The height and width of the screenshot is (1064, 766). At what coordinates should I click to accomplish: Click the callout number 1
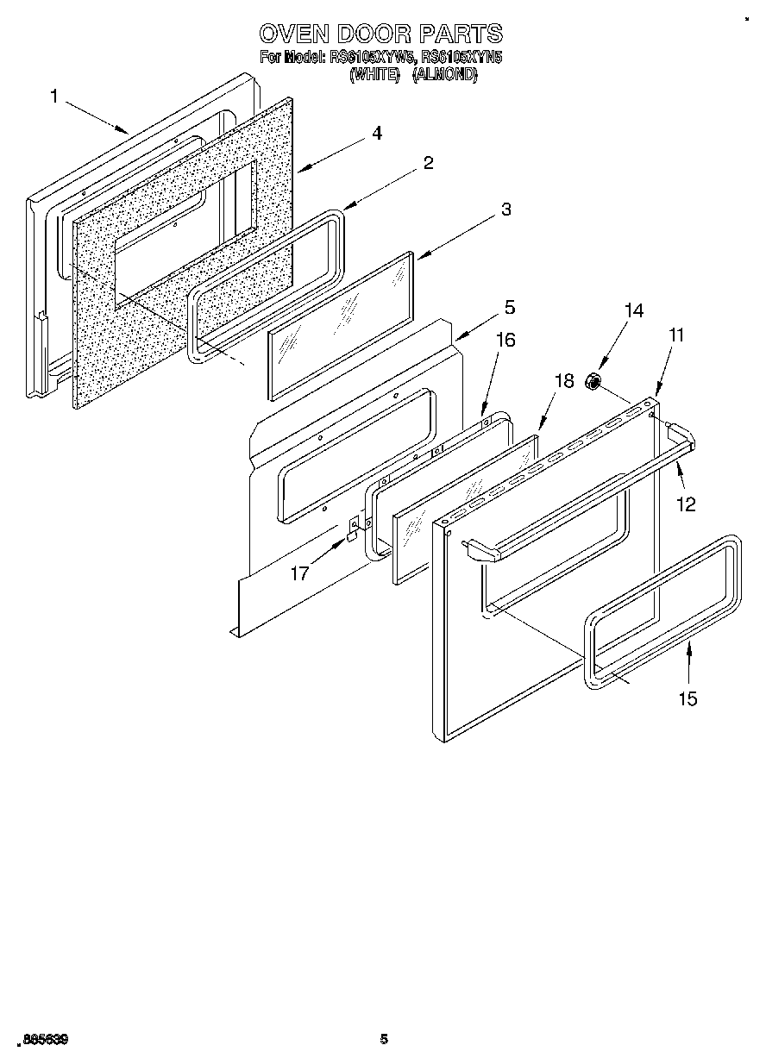(54, 97)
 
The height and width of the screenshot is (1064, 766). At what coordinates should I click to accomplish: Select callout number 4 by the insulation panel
(377, 134)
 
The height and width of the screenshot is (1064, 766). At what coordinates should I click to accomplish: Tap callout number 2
(428, 163)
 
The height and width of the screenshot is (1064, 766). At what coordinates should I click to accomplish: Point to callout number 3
(506, 210)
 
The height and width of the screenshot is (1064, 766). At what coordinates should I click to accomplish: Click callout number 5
(510, 307)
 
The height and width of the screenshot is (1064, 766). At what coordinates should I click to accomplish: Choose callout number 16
(505, 340)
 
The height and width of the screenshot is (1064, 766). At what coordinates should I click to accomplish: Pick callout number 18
(564, 381)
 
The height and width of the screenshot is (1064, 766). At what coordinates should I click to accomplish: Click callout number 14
(634, 311)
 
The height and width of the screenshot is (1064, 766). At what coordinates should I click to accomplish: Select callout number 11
(676, 335)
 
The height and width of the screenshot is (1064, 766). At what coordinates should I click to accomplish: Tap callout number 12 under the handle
(686, 505)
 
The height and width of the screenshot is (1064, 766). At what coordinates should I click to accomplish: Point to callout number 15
(688, 698)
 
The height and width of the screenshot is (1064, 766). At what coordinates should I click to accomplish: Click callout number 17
(299, 573)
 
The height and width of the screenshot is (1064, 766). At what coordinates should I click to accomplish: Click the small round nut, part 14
(593, 381)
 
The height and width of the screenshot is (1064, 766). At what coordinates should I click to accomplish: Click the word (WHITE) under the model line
(375, 75)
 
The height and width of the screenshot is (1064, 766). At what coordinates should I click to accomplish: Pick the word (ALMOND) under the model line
(444, 75)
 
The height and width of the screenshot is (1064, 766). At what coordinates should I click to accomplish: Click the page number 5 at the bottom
(384, 1039)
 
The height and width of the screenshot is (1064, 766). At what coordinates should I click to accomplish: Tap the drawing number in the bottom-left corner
(44, 1040)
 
